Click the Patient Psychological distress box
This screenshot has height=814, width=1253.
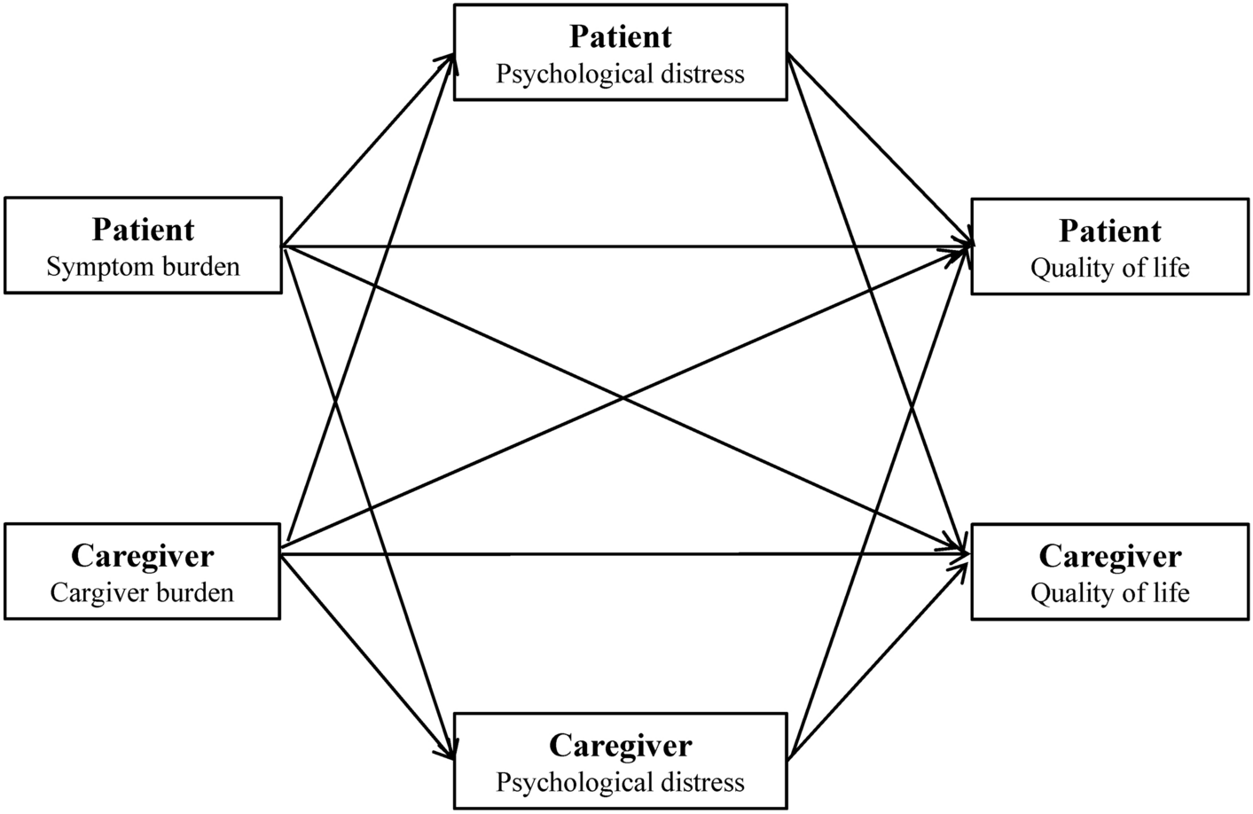pos(620,52)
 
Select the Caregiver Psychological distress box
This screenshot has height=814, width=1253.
pos(620,762)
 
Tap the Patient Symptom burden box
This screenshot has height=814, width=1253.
pos(143,246)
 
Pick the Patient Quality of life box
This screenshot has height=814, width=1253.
pos(1109,247)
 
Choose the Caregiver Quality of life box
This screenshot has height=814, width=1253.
pos(1109,572)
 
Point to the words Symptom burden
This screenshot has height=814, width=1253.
pos(143,266)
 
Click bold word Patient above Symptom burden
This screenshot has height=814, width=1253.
pos(143,230)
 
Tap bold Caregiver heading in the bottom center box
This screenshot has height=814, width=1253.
pos(620,745)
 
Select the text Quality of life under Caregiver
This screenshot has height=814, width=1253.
pos(1109,592)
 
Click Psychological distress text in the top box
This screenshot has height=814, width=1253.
pos(620,73)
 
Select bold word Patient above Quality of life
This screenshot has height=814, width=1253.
pos(1109,231)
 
